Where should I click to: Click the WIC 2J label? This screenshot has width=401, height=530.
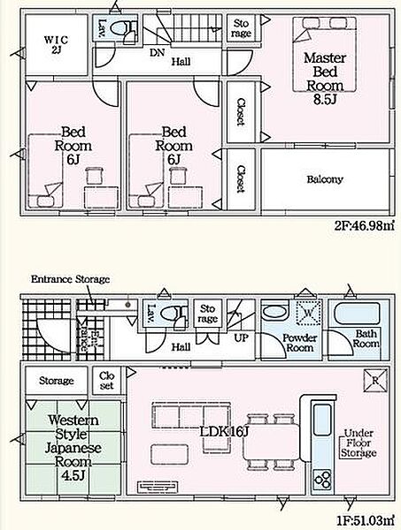click(57, 45)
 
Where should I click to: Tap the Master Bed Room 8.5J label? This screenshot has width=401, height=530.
click(325, 79)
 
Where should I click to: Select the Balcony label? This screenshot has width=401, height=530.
click(325, 179)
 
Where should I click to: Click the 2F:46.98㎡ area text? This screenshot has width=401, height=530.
click(365, 225)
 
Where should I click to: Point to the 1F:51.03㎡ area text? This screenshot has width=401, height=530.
click(366, 519)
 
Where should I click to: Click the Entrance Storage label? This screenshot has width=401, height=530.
click(71, 279)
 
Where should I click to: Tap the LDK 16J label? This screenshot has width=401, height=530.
click(224, 431)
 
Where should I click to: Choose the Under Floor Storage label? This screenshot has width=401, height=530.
click(359, 443)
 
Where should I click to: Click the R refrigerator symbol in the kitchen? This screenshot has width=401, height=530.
click(375, 380)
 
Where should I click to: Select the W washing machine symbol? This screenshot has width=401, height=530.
click(308, 313)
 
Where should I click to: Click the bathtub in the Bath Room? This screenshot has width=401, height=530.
click(357, 314)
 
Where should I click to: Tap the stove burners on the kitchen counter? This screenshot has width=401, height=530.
click(321, 481)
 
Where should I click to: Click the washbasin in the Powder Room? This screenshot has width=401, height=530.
click(274, 313)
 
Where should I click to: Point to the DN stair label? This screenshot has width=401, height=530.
click(158, 52)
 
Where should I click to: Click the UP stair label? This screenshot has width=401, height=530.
click(241, 337)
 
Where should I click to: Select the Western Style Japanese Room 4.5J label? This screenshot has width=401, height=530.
click(73, 448)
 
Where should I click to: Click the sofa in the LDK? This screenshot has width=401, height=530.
click(191, 415)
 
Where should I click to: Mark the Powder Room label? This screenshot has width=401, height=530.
click(300, 343)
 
